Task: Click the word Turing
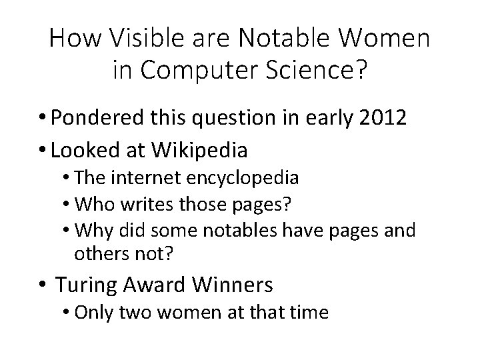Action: click(85, 285)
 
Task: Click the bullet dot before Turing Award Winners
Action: click(43, 286)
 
